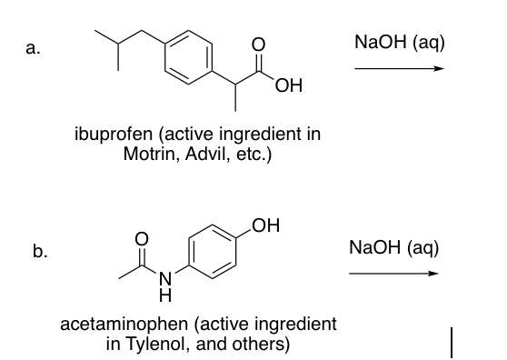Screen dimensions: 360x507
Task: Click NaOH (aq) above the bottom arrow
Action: click(393, 246)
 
